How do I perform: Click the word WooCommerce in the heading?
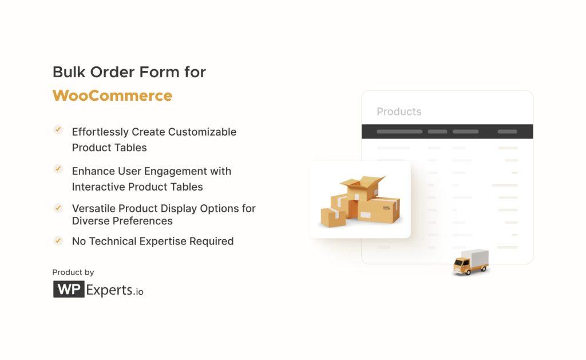(x=112, y=95)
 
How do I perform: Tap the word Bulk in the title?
(x=68, y=72)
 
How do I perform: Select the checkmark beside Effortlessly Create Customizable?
(x=58, y=130)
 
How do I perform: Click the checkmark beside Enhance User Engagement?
(x=58, y=169)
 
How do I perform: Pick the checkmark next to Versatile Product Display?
(x=58, y=208)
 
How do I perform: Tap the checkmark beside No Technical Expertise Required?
(x=58, y=240)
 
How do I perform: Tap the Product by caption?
(x=73, y=272)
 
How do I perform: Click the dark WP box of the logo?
(x=69, y=290)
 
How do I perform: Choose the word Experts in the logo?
(x=109, y=290)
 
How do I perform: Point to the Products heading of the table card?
(x=399, y=112)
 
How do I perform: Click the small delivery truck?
(x=470, y=262)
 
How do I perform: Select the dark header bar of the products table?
(x=447, y=132)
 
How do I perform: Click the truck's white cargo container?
(x=476, y=258)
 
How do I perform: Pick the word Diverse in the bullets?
(x=90, y=221)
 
